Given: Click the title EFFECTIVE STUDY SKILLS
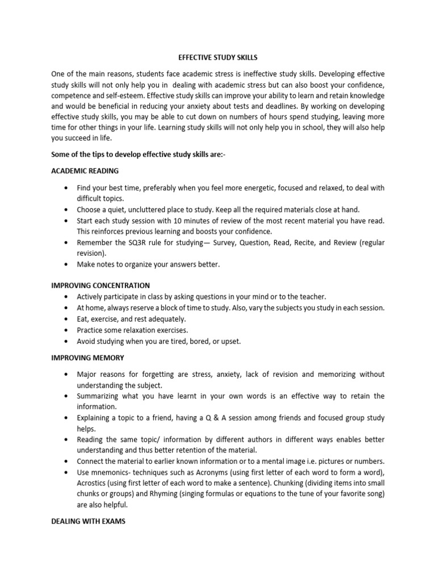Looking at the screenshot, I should click(x=218, y=57).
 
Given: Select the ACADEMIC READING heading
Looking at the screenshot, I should click(x=85, y=171).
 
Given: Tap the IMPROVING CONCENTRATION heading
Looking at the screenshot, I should click(x=100, y=285).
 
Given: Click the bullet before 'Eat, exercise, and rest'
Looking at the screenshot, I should click(x=68, y=319).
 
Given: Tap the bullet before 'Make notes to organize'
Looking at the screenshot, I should click(x=68, y=264).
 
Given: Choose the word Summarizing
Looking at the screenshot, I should click(x=100, y=396).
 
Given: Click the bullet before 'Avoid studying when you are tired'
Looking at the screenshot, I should click(x=68, y=341).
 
